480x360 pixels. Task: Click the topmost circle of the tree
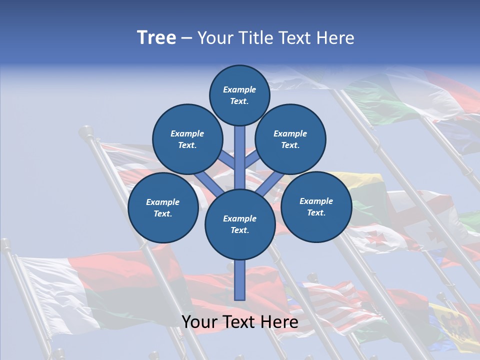click(x=239, y=95)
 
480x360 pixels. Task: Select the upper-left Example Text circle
click(x=187, y=139)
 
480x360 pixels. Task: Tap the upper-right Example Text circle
click(x=290, y=139)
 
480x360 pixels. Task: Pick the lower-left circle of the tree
click(x=162, y=207)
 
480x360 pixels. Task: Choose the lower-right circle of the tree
click(x=316, y=206)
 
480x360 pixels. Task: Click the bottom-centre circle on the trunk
click(x=240, y=224)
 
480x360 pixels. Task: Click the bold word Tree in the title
click(x=156, y=37)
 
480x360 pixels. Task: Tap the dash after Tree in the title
click(x=186, y=38)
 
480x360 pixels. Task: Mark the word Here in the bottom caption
click(x=281, y=322)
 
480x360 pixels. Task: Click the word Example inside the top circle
click(x=239, y=89)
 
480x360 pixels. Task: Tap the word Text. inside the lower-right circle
click(x=316, y=212)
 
